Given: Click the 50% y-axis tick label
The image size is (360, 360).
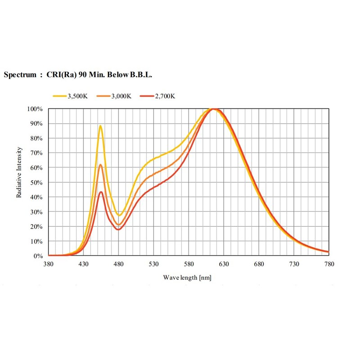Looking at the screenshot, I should pos(37,182).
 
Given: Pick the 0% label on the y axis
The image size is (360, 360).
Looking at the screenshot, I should pos(38,256).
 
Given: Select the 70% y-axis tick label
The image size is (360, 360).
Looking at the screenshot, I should pos(37,153).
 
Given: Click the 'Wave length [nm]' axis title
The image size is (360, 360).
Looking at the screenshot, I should pos(187,278).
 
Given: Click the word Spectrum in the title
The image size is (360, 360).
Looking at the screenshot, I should pos(20,75).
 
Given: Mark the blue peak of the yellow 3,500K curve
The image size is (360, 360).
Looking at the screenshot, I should pos(100,126).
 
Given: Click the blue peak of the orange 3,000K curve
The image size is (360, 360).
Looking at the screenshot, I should pos(101,165).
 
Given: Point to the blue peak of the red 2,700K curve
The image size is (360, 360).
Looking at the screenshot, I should pos(101,192).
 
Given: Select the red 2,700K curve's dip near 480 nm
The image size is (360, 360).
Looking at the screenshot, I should pos(118,229).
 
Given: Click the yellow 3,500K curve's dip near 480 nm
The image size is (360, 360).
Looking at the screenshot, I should pos(119,215).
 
